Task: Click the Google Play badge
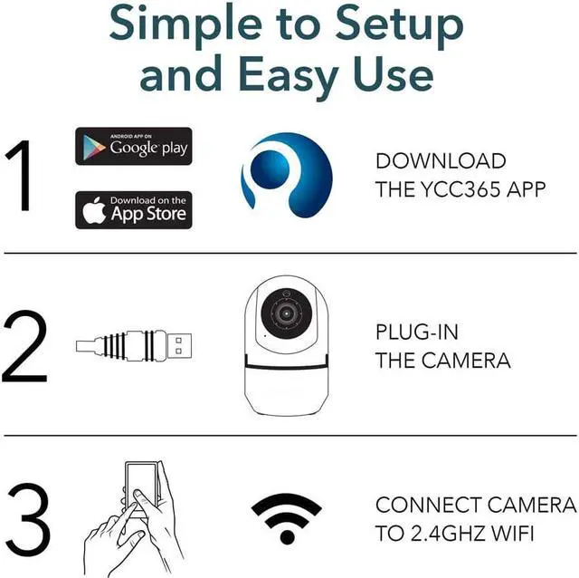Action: click(x=134, y=146)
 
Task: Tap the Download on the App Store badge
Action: click(x=134, y=210)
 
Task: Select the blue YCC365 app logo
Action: click(x=287, y=175)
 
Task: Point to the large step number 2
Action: click(x=24, y=346)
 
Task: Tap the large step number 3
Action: click(x=28, y=519)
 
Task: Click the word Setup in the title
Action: click(x=399, y=25)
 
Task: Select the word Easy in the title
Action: click(x=289, y=75)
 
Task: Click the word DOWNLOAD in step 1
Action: click(x=441, y=161)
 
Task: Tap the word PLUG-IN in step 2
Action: click(x=417, y=332)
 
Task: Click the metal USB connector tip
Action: click(x=180, y=345)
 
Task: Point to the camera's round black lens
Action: click(x=286, y=313)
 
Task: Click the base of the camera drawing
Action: click(x=287, y=391)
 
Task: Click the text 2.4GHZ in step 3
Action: click(x=448, y=534)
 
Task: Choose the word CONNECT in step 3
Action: click(x=428, y=505)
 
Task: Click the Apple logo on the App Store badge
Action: click(x=94, y=210)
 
